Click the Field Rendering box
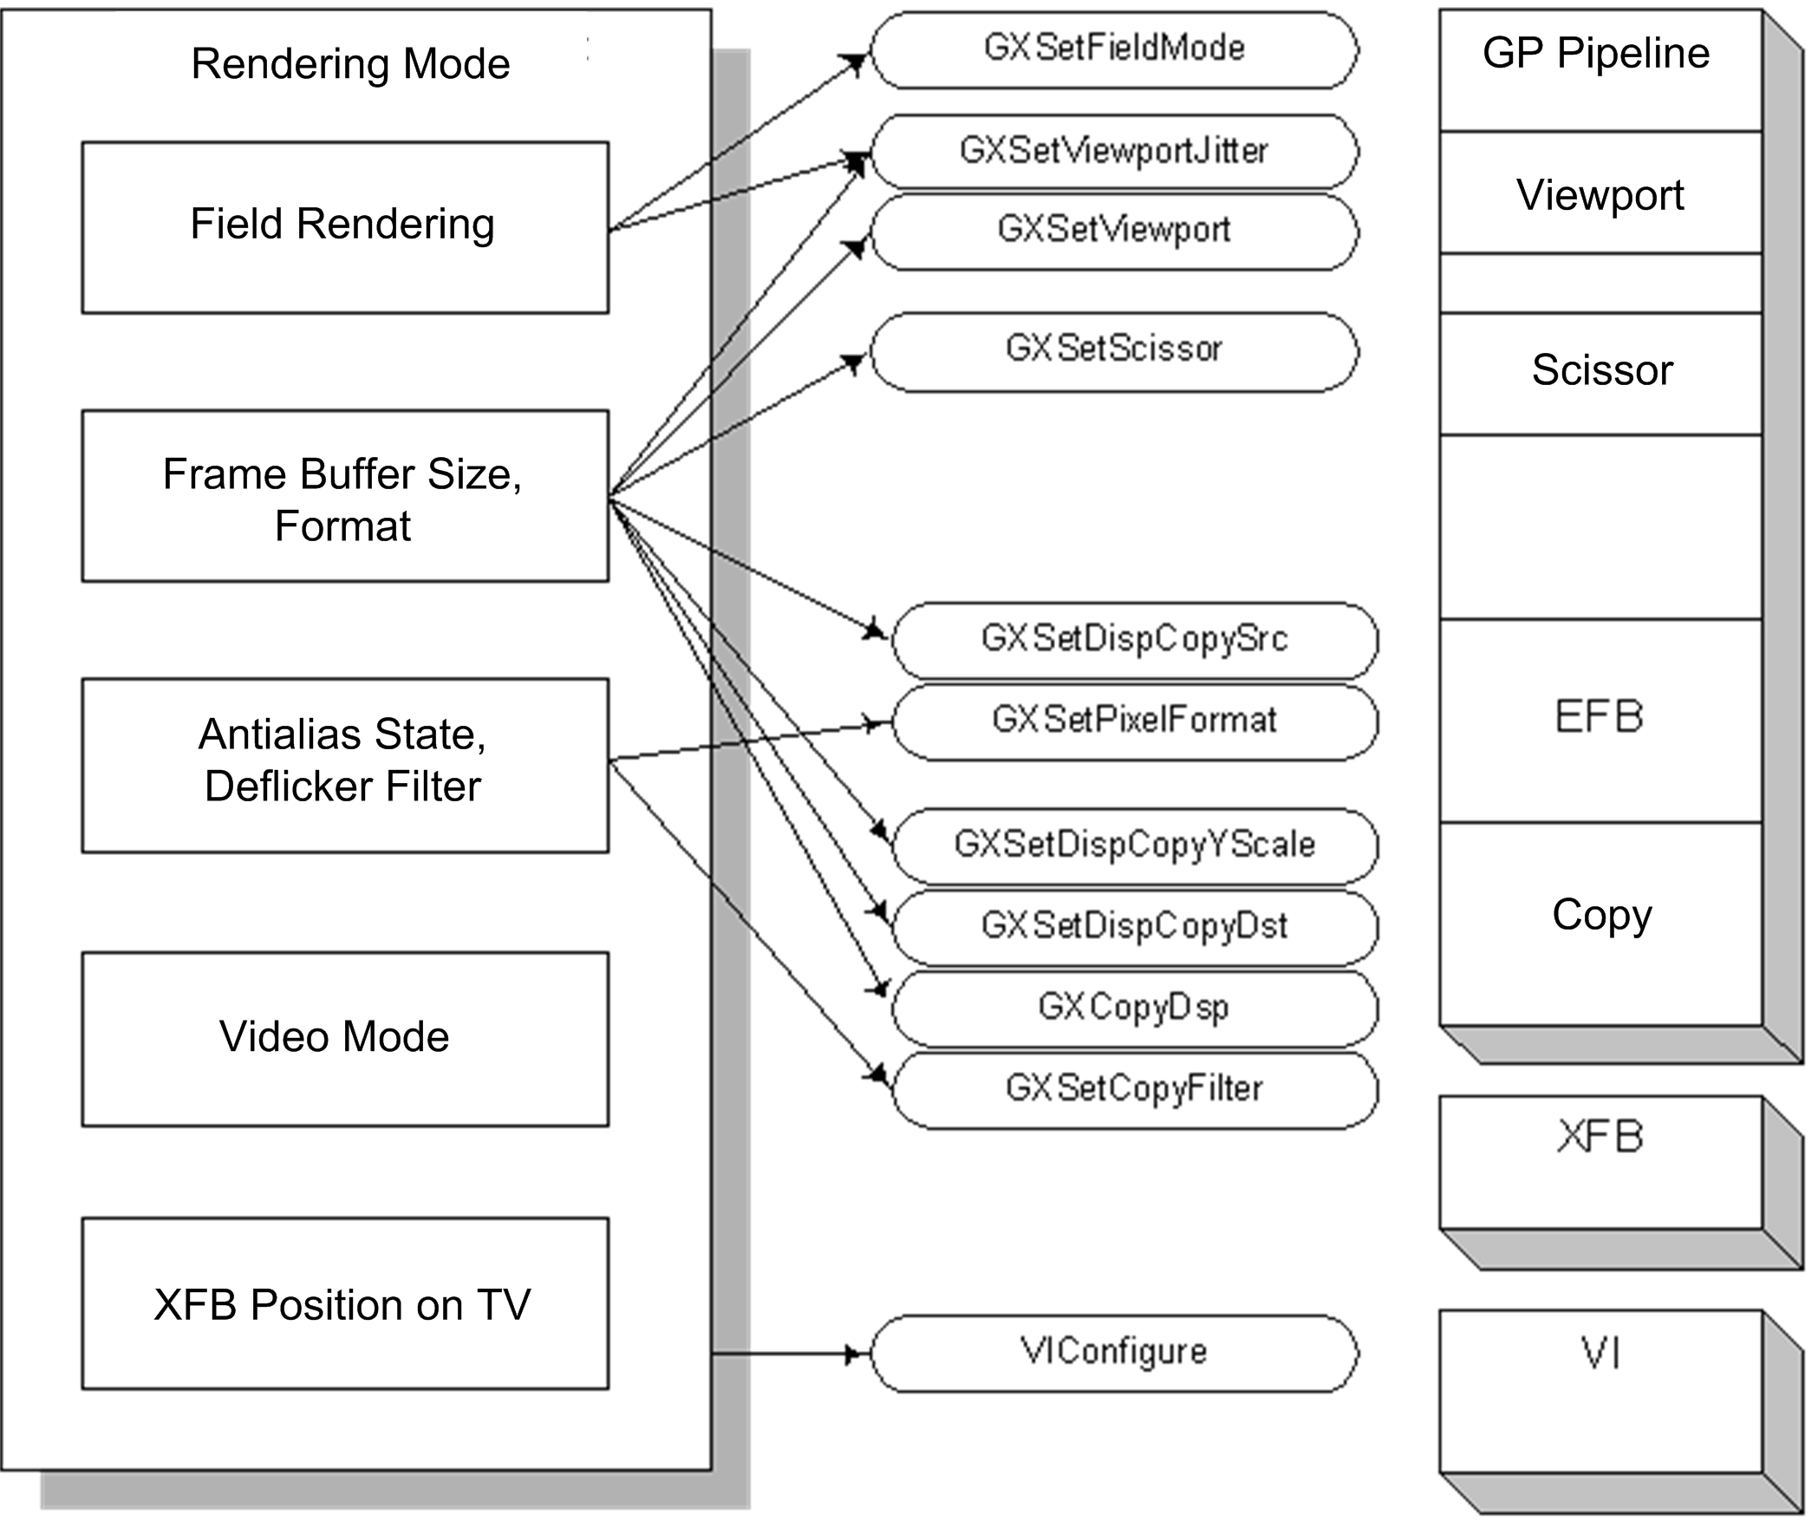click(x=345, y=227)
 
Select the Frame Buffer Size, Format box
click(x=345, y=496)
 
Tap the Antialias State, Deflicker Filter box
click(x=345, y=764)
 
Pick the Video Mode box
click(x=345, y=1038)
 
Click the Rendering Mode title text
click(x=350, y=63)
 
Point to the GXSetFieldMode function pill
click(x=1114, y=49)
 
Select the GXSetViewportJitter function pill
click(x=1114, y=151)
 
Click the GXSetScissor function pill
click(x=1114, y=350)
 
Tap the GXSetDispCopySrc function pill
click(x=1135, y=640)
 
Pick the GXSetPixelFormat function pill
click(x=1135, y=721)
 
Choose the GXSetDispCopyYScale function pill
click(x=1135, y=845)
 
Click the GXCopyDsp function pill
click(x=1135, y=1008)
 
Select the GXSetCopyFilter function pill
click(x=1135, y=1090)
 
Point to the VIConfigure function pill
click(x=1114, y=1352)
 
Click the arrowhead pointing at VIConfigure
click(x=857, y=1353)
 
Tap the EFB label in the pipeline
click(x=1599, y=717)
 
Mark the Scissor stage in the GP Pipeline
click(x=1601, y=370)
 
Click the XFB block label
click(x=1600, y=1137)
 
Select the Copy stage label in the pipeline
click(x=1601, y=915)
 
